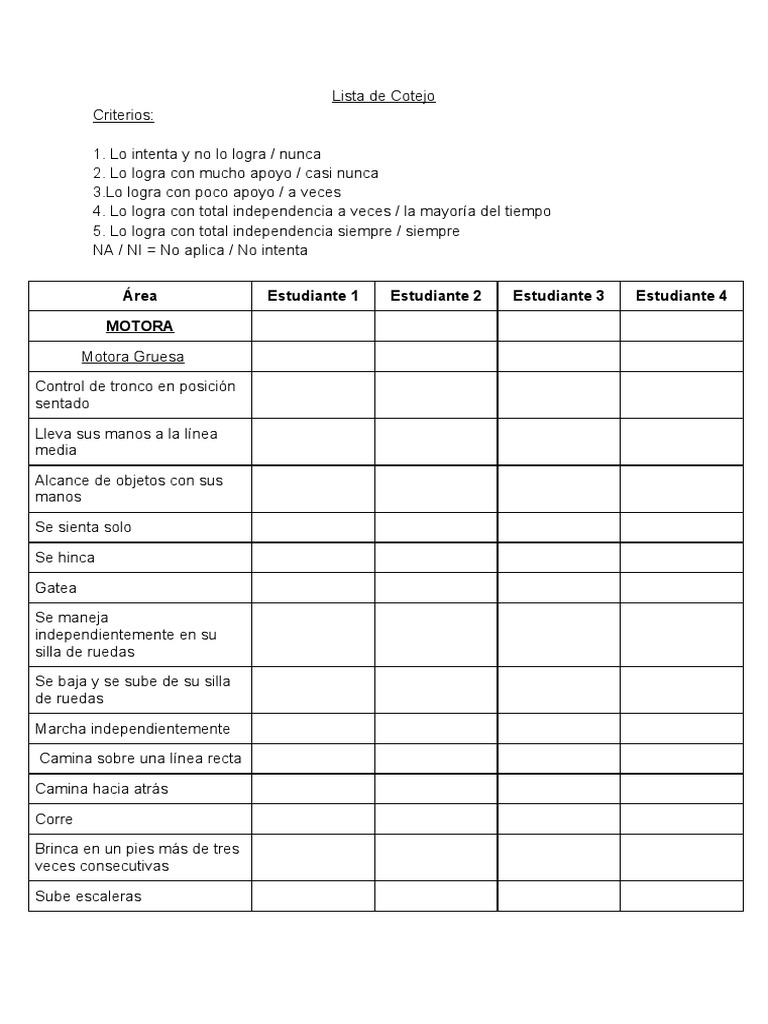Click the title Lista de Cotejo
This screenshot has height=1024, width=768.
pos(383,96)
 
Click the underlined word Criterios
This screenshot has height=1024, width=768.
pos(123,115)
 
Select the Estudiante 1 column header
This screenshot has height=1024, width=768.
pos(313,296)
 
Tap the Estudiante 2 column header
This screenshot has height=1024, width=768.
pos(436,296)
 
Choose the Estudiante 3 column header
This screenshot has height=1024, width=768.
pos(558,296)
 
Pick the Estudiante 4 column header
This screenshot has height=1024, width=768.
pos(681,296)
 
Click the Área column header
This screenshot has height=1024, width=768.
pos(140,296)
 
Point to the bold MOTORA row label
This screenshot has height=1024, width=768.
pos(140,326)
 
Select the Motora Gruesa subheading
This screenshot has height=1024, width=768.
pos(133,357)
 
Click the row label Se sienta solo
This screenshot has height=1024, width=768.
pos(83,527)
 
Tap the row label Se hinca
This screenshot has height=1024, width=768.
pos(65,557)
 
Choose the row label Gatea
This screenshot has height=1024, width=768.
pos(56,588)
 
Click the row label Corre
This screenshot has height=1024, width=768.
pos(54,819)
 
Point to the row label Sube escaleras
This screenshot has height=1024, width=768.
pos(88,896)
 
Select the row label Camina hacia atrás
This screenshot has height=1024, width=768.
pos(101,789)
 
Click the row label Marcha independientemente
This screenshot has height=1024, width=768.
pos(132,729)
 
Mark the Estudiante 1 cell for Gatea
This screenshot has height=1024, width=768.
pos(313,588)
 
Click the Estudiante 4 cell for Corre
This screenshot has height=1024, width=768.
pos(681,819)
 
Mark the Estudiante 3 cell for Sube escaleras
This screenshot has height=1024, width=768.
pos(558,896)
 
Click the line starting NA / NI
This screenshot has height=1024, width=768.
pos(200,250)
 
